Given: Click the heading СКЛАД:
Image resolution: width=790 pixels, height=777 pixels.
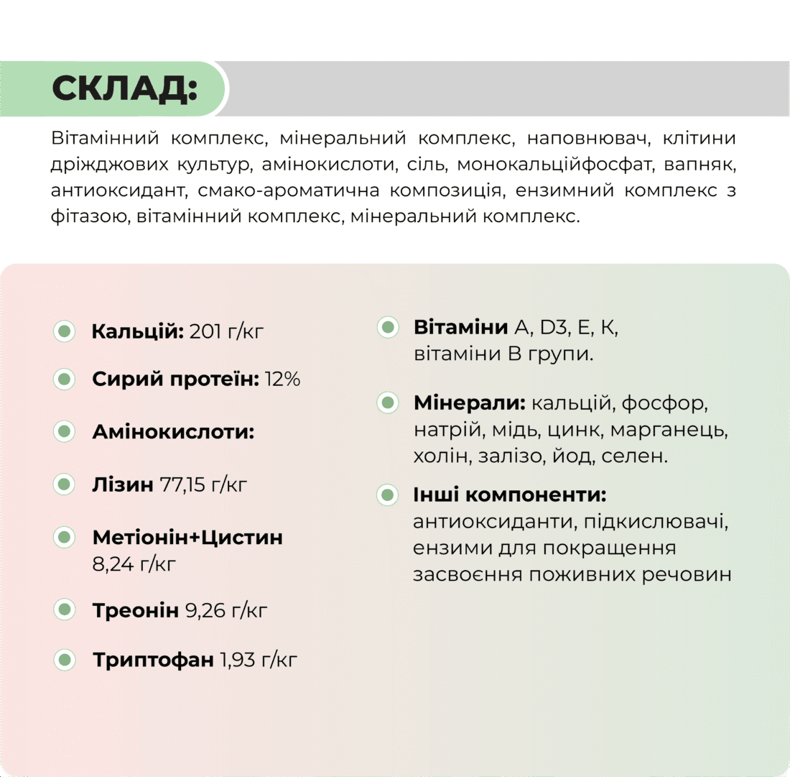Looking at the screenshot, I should click(x=124, y=88).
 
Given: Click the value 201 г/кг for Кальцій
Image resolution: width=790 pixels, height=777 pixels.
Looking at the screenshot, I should click(x=227, y=331).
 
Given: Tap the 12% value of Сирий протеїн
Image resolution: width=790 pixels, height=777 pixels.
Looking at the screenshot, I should click(x=282, y=380).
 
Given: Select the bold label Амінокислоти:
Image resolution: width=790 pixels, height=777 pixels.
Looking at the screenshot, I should click(x=173, y=432).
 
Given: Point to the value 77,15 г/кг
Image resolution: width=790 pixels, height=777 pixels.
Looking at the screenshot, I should click(x=203, y=484).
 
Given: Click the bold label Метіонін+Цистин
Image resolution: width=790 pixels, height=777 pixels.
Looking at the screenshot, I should click(x=187, y=538).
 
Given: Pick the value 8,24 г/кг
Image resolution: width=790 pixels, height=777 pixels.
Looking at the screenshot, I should click(x=134, y=564).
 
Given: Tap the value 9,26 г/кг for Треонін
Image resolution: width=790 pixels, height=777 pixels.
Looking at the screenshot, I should click(x=226, y=611).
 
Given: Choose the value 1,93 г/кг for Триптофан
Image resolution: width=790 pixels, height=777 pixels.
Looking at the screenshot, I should click(x=259, y=659).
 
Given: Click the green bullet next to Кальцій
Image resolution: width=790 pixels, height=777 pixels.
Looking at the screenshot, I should click(x=64, y=331).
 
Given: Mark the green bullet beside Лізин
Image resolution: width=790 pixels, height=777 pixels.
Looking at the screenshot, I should click(x=64, y=484).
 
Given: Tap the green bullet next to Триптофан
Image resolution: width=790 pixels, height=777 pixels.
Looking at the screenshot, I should click(x=64, y=659).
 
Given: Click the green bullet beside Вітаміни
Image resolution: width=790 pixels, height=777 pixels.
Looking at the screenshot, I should click(x=388, y=328).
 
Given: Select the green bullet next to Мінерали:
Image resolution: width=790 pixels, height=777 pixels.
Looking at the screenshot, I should click(x=388, y=403).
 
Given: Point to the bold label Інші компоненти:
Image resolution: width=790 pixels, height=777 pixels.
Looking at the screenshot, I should click(x=510, y=495).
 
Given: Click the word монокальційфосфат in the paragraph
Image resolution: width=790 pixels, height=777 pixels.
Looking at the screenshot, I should click(x=571, y=165).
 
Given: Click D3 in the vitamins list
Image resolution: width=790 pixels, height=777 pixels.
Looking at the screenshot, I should click(x=554, y=328).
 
